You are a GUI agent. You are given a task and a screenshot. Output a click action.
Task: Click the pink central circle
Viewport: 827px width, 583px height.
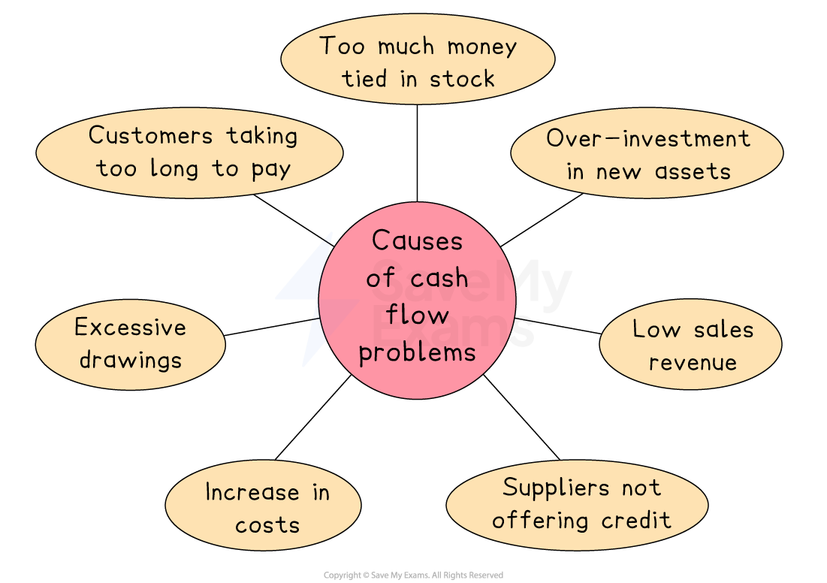tap(417, 301)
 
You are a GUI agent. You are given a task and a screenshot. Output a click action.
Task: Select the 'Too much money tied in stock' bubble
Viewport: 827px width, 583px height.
tap(418, 60)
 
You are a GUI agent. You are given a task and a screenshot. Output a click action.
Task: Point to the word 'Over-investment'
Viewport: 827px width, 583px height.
tap(647, 138)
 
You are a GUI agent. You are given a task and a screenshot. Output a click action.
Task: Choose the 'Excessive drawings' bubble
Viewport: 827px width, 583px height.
tap(130, 344)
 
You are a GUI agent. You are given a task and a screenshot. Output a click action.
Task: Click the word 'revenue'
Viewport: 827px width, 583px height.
tap(693, 362)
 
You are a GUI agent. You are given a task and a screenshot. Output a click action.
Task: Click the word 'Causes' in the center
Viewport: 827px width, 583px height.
tap(417, 241)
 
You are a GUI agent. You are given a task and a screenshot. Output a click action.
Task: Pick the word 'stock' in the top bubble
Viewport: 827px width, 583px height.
tap(462, 78)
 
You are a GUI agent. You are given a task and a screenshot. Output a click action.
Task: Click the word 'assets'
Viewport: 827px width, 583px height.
tap(693, 171)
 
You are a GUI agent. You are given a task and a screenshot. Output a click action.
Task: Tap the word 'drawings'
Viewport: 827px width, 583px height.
tap(130, 360)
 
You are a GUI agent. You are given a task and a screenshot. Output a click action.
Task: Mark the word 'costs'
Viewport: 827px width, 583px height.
tap(267, 524)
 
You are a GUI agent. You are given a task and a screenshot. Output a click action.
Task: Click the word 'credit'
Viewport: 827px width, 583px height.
tap(636, 520)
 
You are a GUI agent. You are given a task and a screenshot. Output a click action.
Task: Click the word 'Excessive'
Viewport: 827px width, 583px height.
tap(130, 328)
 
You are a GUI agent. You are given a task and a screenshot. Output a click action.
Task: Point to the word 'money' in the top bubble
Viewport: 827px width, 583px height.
tap(481, 47)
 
